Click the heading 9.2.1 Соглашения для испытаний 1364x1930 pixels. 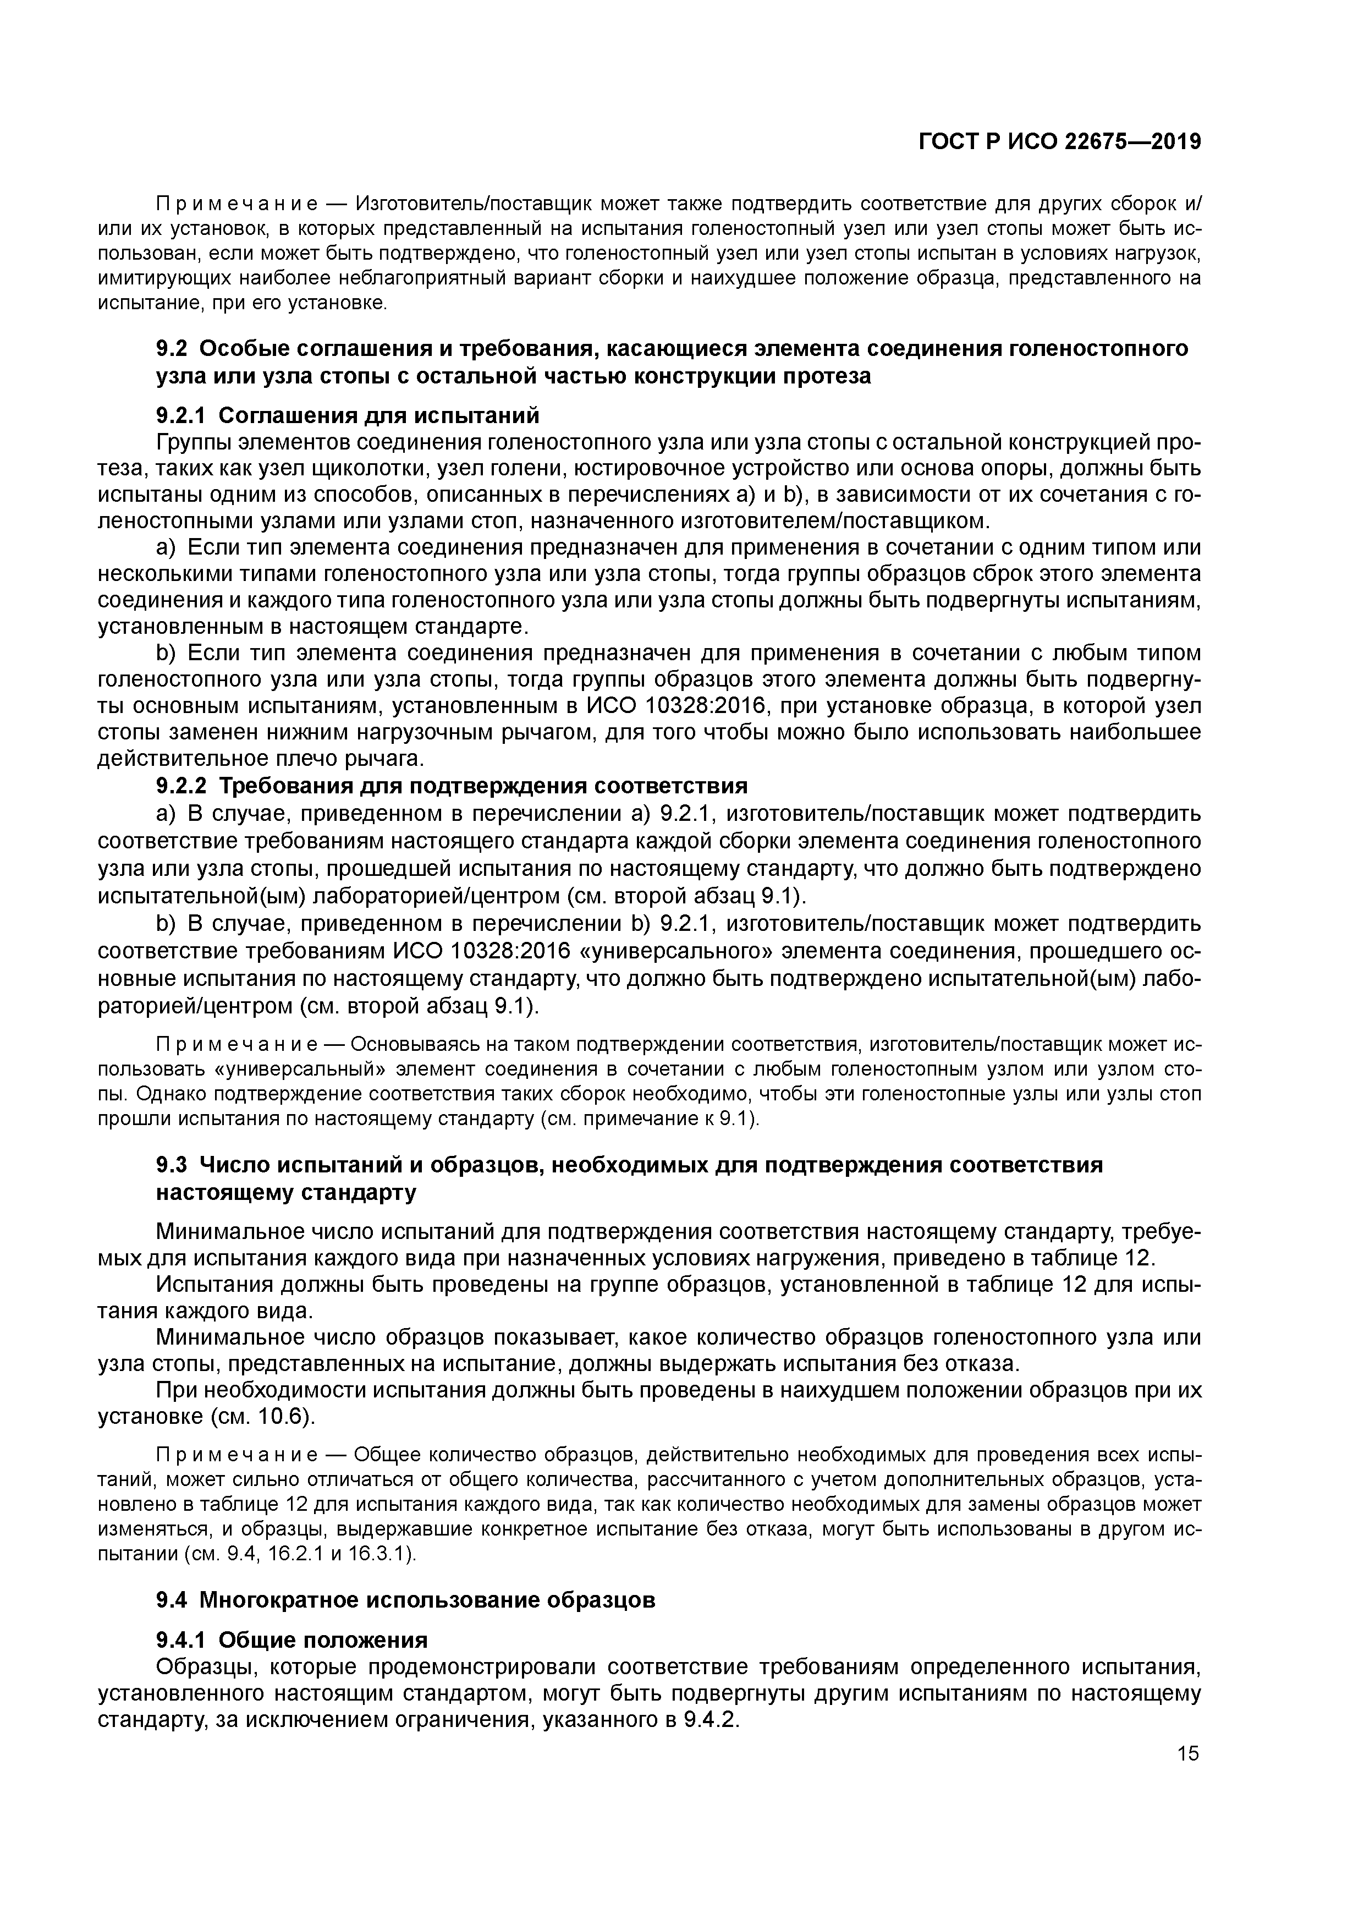tap(347, 415)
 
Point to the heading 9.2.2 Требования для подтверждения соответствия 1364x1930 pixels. tap(452, 786)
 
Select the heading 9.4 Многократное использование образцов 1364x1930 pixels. tap(405, 1600)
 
